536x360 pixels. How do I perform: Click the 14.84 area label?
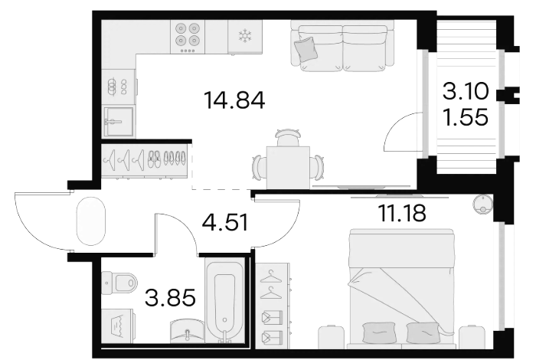pos(234,100)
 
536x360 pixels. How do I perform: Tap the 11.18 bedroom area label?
pos(402,213)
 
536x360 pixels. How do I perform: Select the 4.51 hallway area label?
pos(225,222)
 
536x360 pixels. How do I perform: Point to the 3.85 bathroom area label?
pos(170,296)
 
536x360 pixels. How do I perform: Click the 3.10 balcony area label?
pos(466,92)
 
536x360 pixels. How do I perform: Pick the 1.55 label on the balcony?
pos(466,117)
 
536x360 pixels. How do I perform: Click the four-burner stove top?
pos(188,37)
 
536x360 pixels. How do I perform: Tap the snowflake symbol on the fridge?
pos(245,35)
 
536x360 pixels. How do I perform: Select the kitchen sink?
pos(118,121)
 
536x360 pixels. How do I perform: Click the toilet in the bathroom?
pos(119,283)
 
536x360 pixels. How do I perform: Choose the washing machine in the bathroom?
pos(118,326)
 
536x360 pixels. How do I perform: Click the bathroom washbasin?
pos(187,330)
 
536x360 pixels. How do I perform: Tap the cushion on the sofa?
pos(306,49)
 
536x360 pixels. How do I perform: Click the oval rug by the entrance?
pos(90,221)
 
